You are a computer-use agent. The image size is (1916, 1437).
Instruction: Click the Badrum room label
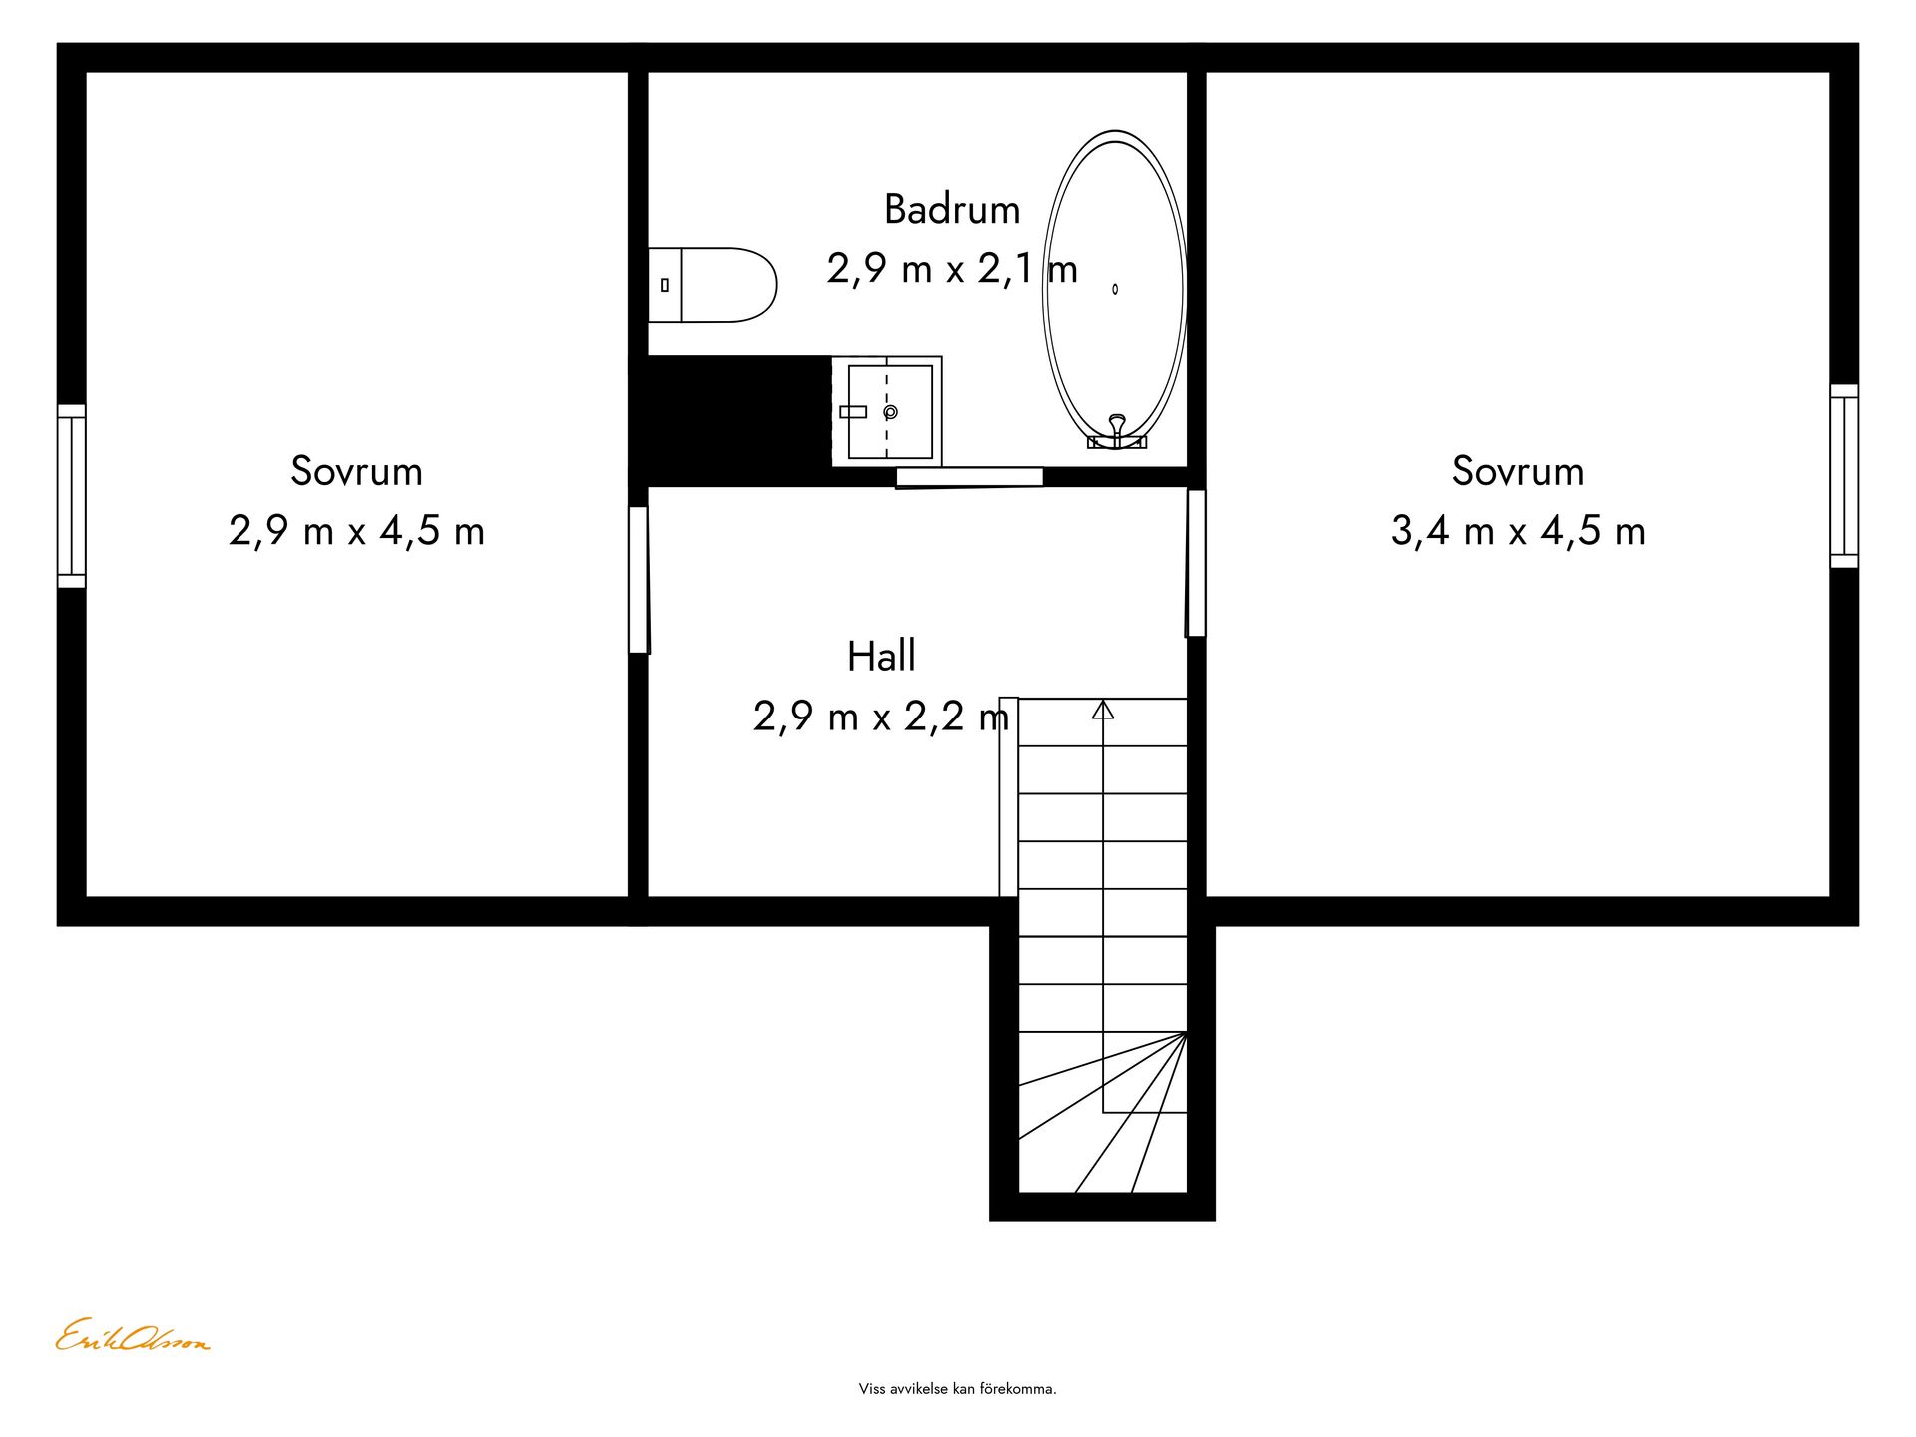(952, 210)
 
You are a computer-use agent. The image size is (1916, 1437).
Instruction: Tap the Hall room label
(881, 656)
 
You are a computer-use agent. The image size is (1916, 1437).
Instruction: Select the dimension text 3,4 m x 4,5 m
(1518, 531)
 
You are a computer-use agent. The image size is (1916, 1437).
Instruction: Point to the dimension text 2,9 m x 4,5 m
(356, 531)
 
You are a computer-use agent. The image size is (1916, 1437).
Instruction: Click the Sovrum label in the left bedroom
(356, 471)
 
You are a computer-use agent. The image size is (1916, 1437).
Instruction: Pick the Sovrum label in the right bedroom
(1518, 471)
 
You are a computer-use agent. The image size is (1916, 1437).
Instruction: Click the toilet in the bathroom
(713, 285)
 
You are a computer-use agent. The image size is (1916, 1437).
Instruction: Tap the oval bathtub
(1115, 289)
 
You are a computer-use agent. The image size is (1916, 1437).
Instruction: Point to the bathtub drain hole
(1115, 289)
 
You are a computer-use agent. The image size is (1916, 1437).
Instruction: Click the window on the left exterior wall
(71, 496)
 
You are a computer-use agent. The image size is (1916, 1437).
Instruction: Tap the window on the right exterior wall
(1844, 476)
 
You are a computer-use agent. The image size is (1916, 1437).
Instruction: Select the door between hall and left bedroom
(639, 580)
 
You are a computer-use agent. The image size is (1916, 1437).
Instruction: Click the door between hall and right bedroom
(1196, 563)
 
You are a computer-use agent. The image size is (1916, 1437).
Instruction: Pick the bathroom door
(969, 477)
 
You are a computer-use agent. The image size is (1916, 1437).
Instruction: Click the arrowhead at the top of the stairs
(1103, 710)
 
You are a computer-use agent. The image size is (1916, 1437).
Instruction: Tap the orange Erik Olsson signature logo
(132, 1336)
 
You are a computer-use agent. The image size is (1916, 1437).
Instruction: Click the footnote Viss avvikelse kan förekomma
(957, 1389)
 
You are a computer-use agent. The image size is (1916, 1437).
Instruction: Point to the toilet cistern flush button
(665, 285)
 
